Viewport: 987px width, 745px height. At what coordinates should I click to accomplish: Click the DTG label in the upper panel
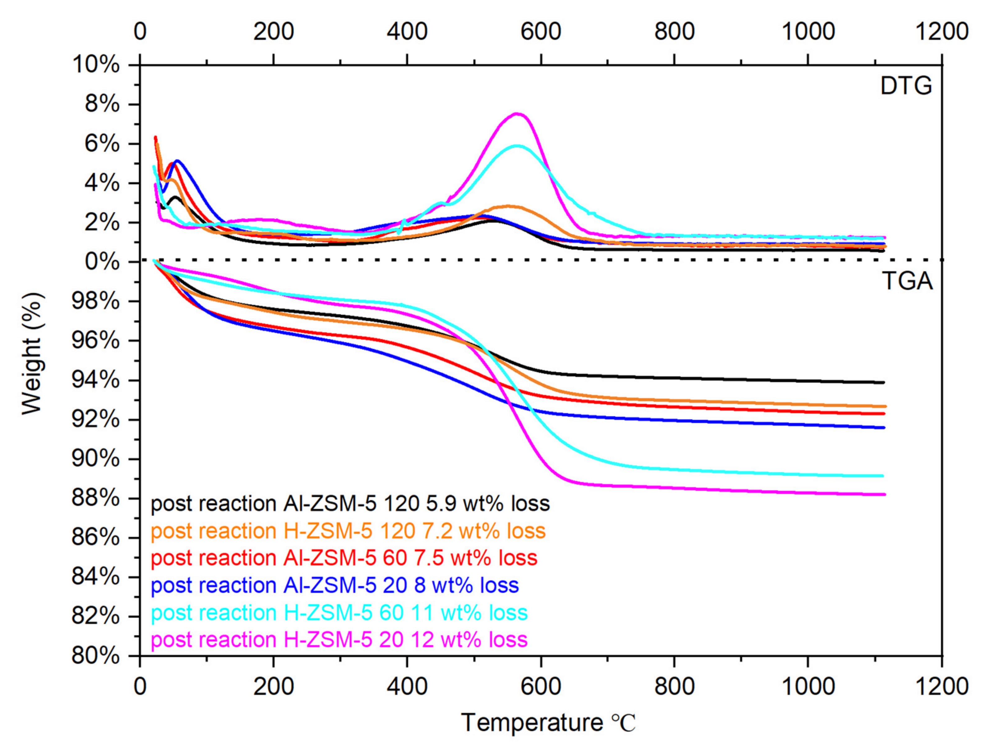tap(906, 86)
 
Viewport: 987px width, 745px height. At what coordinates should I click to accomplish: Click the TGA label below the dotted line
tap(907, 281)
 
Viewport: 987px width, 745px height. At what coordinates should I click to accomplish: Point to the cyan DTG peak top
tap(518, 146)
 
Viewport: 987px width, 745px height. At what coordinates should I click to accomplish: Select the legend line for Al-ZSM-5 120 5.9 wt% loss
tap(350, 504)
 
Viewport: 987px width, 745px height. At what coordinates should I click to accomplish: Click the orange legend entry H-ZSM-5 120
tap(348, 531)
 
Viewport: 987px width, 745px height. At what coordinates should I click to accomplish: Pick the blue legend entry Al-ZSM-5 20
tap(335, 585)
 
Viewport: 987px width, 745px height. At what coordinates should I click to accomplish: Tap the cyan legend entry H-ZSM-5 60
tap(339, 612)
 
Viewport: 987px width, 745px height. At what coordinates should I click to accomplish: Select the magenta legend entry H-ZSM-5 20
tap(339, 640)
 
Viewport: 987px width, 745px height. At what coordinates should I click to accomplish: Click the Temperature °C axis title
tap(548, 722)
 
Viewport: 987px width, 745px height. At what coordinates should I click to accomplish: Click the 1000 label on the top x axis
tap(808, 31)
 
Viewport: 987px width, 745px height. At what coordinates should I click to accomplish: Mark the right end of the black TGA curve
tap(883, 383)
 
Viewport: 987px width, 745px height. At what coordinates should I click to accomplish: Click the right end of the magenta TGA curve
tap(884, 494)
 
